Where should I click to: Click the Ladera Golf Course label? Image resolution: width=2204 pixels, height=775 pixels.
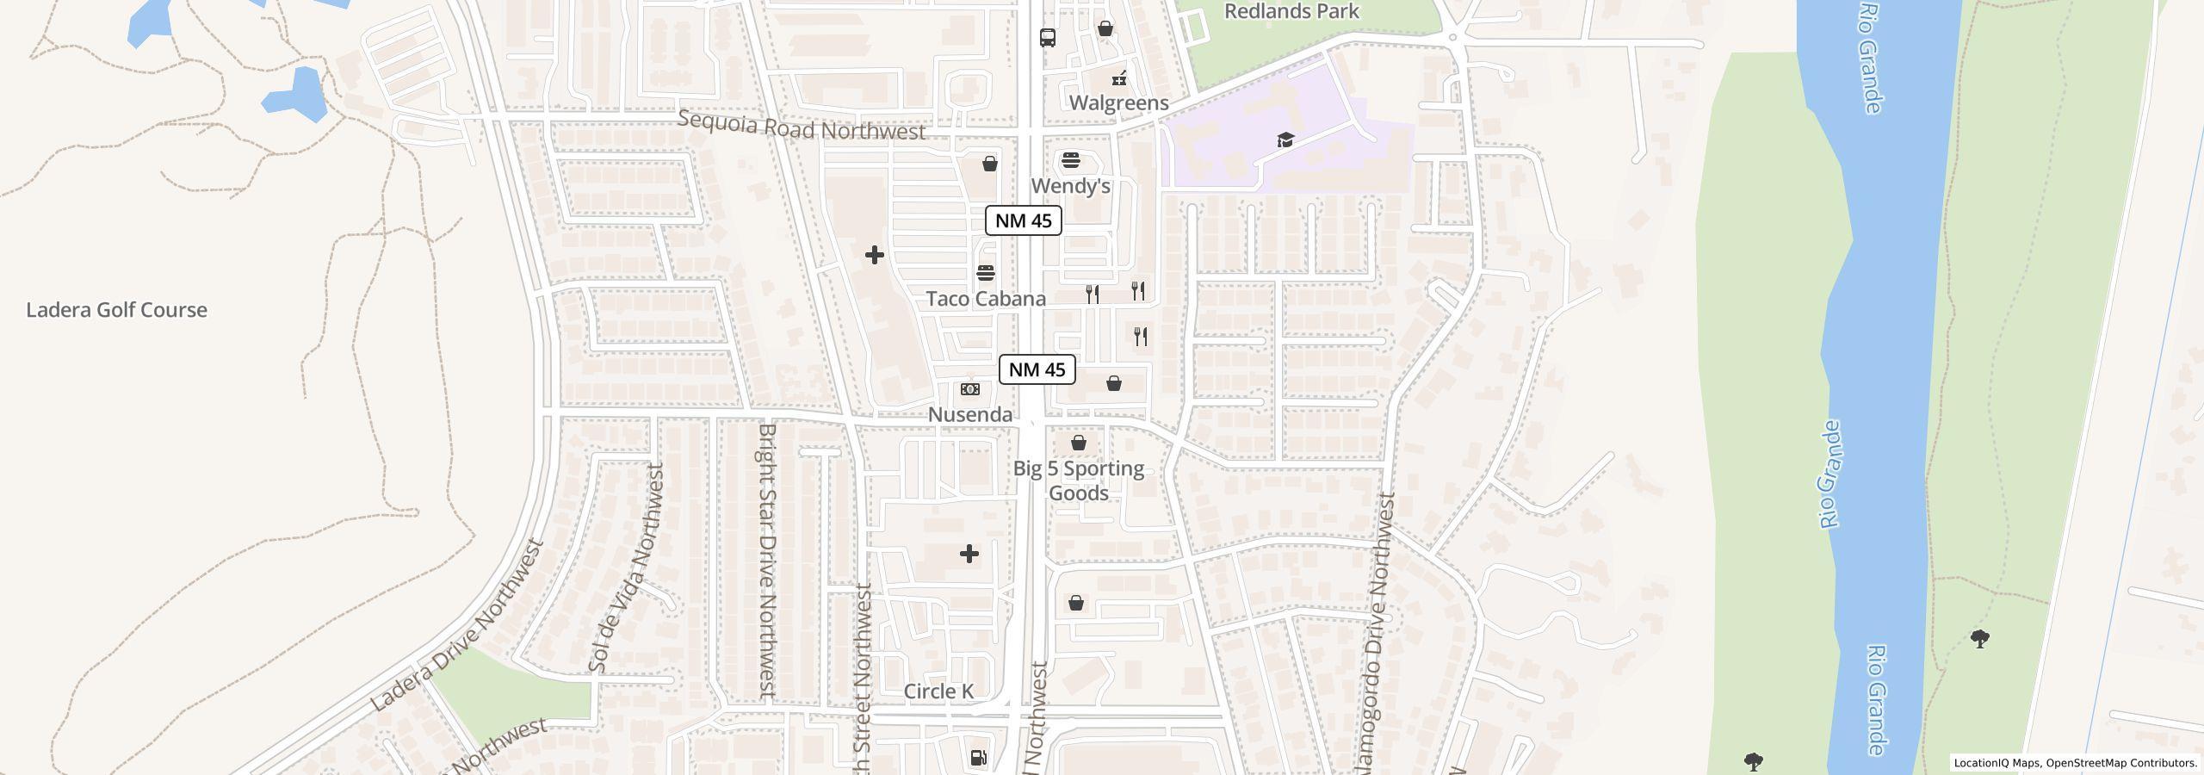pos(116,310)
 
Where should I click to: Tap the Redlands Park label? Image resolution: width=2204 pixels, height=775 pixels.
pos(1291,11)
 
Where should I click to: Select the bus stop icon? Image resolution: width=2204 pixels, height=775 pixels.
pos(1047,38)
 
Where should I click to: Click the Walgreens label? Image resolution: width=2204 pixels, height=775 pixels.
pos(1118,102)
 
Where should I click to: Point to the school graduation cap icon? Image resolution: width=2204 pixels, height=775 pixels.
pos(1285,139)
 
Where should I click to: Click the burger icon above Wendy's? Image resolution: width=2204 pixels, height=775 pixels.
pos(1070,160)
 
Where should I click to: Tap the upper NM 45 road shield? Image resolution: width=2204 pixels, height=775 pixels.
pos(1023,220)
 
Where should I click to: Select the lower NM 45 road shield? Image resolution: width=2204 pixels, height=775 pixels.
pos(1037,369)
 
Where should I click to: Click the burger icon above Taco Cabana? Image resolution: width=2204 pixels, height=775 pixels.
pos(986,273)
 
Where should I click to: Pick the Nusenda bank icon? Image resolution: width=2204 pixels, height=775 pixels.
pos(970,389)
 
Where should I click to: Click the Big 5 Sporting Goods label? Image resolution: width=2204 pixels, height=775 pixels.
pos(1078,480)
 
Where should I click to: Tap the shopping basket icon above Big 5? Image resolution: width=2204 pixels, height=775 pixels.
pos(1078,443)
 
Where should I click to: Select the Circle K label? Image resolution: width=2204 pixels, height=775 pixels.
pos(938,691)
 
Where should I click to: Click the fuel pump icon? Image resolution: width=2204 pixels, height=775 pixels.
pos(978,758)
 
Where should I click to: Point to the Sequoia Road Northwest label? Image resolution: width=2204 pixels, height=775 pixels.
pos(801,126)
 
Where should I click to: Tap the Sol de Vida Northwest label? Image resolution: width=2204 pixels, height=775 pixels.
pos(627,568)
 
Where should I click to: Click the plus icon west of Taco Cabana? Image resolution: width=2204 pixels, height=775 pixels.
pos(874,255)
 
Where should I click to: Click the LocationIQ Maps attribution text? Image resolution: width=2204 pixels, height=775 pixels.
pos(2075,763)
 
